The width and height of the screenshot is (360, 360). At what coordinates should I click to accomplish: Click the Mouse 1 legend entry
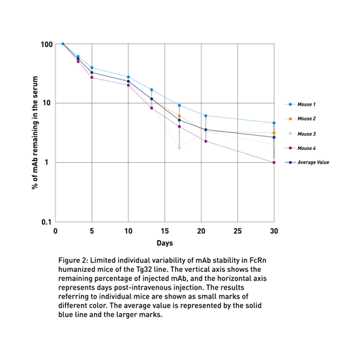(x=300, y=104)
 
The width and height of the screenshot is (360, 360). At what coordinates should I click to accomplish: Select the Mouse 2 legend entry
(x=300, y=119)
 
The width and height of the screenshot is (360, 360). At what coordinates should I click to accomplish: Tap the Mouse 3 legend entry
(x=300, y=134)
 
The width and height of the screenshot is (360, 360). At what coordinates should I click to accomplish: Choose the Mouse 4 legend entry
(x=300, y=148)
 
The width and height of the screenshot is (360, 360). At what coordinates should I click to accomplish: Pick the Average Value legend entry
(x=307, y=162)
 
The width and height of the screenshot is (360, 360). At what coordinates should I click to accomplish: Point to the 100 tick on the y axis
(x=46, y=44)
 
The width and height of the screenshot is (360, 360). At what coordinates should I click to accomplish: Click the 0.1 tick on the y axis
(x=46, y=222)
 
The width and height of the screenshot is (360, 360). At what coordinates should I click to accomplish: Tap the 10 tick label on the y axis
(x=46, y=103)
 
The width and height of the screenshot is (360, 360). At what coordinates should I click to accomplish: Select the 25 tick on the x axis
(x=237, y=231)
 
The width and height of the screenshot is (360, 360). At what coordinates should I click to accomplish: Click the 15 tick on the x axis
(x=164, y=231)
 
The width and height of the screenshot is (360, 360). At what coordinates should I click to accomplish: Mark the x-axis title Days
(x=164, y=243)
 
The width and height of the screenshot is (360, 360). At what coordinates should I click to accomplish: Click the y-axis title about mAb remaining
(x=35, y=132)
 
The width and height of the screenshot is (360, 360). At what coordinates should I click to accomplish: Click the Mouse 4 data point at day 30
(x=274, y=162)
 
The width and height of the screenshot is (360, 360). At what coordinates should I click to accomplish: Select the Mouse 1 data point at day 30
(x=274, y=123)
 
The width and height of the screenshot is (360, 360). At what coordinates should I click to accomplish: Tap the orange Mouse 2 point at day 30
(x=274, y=133)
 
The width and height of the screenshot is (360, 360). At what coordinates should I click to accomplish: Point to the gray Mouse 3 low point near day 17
(x=179, y=148)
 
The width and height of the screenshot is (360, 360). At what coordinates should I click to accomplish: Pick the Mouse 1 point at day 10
(x=128, y=77)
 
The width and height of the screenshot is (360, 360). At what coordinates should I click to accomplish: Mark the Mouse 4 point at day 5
(x=92, y=78)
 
